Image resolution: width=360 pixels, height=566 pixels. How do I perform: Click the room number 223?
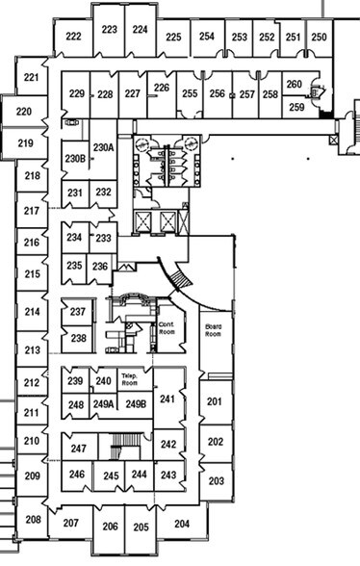click(x=109, y=30)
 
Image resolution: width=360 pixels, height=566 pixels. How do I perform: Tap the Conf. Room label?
click(x=167, y=328)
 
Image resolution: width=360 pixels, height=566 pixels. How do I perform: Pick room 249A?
click(x=103, y=403)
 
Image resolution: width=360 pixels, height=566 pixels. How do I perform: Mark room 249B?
click(x=135, y=403)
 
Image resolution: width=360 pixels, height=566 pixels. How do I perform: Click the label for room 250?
click(x=319, y=38)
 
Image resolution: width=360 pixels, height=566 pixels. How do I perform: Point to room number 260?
click(x=295, y=85)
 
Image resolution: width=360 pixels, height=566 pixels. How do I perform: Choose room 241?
click(x=168, y=399)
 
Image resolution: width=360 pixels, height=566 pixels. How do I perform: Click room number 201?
click(x=215, y=401)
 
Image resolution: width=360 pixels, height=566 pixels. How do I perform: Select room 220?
click(x=24, y=113)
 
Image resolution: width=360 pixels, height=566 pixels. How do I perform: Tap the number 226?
click(x=162, y=88)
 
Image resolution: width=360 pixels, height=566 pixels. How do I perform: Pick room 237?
click(x=78, y=313)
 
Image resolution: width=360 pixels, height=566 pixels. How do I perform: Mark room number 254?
click(x=207, y=38)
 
